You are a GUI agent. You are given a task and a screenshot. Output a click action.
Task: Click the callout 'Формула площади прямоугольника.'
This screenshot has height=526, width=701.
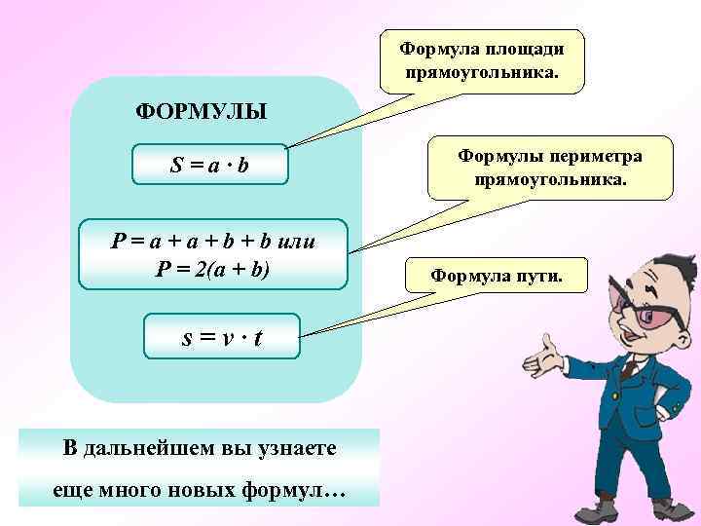coord(482,60)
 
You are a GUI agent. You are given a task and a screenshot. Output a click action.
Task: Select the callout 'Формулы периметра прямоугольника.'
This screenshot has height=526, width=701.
coord(550,168)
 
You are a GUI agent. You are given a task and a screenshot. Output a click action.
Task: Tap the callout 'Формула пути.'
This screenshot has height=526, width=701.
coord(496,276)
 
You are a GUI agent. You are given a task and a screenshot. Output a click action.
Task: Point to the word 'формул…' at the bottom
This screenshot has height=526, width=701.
coord(303,491)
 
